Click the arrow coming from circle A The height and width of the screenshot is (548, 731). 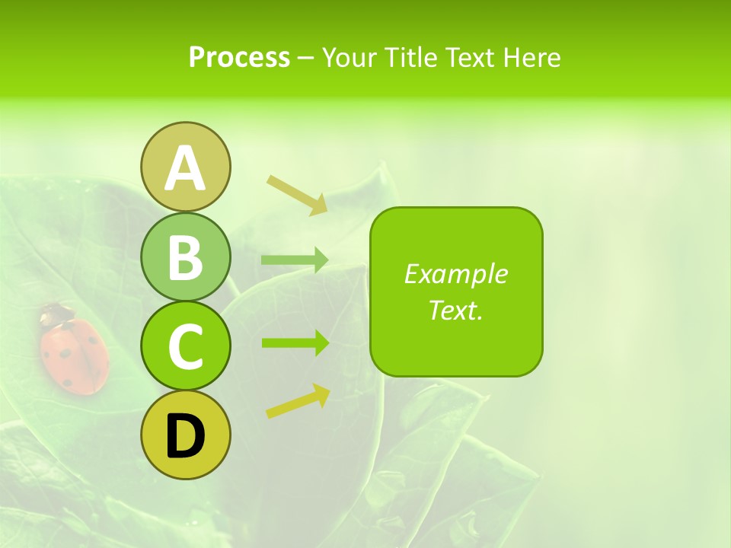pos(297,193)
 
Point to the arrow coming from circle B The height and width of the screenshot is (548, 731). pos(295,260)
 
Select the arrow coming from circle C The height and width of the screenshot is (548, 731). pos(295,342)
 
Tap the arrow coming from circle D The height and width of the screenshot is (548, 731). pos(298,401)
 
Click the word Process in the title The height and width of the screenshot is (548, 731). pos(239,57)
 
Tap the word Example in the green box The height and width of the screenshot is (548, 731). pos(455,274)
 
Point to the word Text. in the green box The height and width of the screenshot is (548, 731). pos(455,310)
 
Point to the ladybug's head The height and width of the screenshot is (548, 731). pos(54,312)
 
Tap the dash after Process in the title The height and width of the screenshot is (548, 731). pos(306,58)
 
